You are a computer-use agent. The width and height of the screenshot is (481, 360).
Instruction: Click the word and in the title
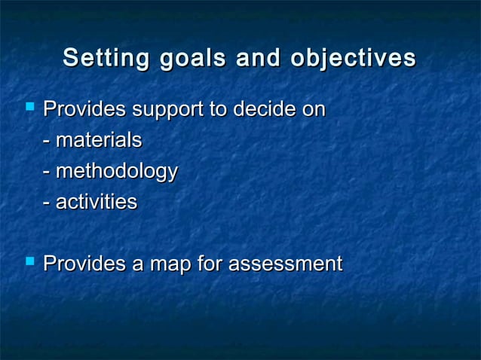coord(256,58)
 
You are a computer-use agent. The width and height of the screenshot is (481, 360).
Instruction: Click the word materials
coord(98,141)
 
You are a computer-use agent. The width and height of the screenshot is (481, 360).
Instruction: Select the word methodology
coord(116,172)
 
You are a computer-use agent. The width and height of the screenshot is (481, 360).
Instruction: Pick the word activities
coord(96,202)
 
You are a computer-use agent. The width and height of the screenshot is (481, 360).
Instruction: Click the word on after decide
coord(314,110)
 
